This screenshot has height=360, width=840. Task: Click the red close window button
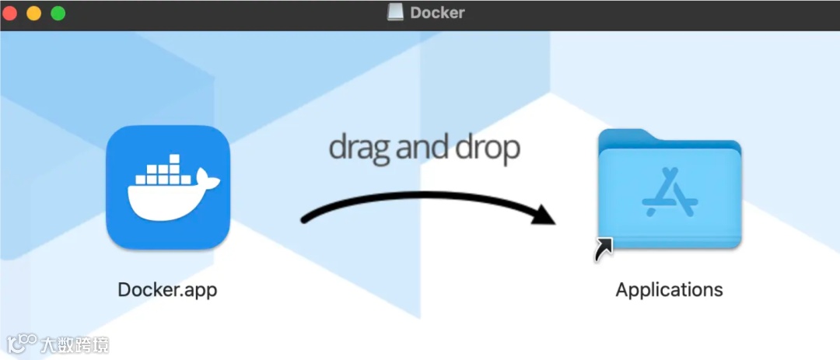pos(11,13)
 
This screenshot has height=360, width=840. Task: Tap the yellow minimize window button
pos(34,13)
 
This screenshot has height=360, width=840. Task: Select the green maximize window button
pos(58,13)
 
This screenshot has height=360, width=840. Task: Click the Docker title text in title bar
pos(437,12)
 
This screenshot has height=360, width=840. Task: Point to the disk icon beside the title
pos(396,12)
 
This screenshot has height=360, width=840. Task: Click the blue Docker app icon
pos(168,187)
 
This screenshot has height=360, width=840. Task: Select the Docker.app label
pos(167,290)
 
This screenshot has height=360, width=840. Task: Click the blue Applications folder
pos(670,194)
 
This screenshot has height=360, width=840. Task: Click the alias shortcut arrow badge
pos(603,250)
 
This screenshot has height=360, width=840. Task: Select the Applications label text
pos(669,290)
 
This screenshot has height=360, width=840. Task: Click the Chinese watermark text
pos(75,344)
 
